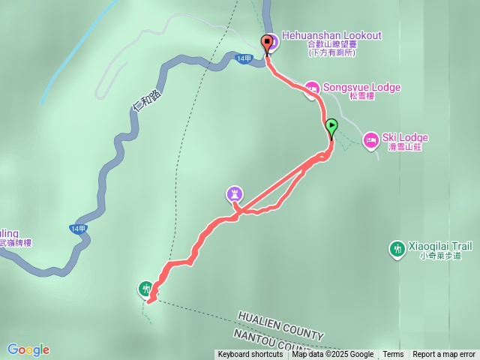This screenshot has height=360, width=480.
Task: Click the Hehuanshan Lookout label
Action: [331, 35]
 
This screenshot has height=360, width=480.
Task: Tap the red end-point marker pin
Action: [266, 43]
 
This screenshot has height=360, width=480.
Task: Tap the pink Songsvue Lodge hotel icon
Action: [311, 88]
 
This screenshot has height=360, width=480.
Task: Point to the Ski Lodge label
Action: [405, 137]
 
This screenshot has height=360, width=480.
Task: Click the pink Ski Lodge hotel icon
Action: [370, 139]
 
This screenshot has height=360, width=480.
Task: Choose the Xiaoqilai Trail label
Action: [439, 245]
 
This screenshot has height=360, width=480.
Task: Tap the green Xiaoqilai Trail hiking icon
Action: [397, 248]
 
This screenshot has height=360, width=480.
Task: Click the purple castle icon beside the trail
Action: [235, 195]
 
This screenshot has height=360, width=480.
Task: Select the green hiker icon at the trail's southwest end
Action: [145, 287]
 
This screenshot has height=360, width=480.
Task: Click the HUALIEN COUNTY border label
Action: [280, 324]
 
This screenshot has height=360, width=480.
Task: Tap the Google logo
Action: [28, 349]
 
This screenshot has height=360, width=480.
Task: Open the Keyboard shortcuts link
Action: [251, 355]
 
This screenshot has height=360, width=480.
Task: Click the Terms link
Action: [393, 355]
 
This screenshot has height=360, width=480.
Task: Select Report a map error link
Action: [444, 355]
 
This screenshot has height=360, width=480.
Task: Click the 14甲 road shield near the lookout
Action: [243, 58]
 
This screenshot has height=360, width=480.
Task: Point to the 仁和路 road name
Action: [145, 100]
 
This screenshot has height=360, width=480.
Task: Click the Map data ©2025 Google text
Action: [333, 355]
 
